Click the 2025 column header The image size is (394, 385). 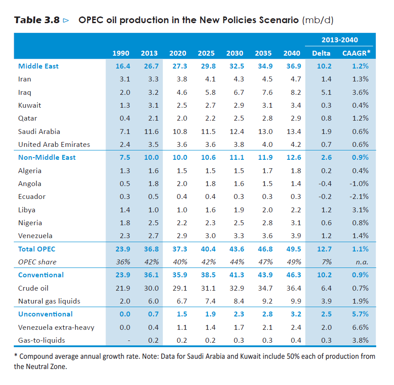coord(206,53)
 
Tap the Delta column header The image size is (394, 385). coord(321,53)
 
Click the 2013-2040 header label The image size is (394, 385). coord(340,40)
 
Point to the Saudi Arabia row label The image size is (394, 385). coord(39,131)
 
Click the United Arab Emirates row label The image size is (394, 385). coord(54,144)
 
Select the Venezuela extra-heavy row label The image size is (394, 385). coord(56,328)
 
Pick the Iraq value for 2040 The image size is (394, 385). coord(292,92)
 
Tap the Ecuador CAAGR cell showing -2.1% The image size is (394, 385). coord(360,196)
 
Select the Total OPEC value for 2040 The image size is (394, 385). coord(292,249)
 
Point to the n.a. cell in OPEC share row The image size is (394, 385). coord(361,262)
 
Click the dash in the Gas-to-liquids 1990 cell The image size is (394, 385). coord(128,340)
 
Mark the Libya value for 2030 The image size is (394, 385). coord(235,210)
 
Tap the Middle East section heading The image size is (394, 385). coord(38,66)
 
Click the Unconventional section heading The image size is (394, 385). coord(45,314)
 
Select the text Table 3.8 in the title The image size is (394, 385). coord(37,20)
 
